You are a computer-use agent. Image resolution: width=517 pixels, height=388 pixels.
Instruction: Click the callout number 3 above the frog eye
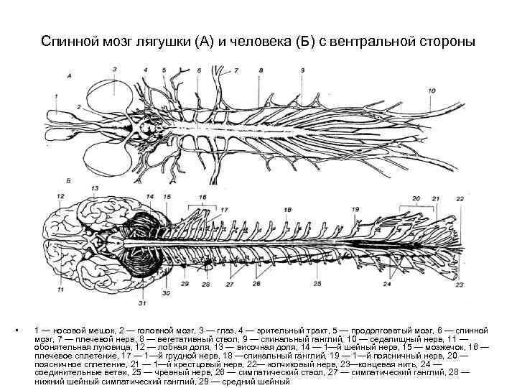tap(114, 68)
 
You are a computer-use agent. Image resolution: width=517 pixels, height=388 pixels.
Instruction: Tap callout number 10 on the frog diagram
tap(431, 91)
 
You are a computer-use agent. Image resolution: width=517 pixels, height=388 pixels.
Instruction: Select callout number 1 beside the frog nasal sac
tap(56, 96)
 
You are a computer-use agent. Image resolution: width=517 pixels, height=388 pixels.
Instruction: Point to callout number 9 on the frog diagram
tap(302, 70)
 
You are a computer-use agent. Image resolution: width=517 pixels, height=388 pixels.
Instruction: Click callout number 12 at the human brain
tap(60, 195)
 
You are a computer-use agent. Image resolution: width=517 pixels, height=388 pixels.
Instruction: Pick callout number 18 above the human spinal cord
tap(287, 209)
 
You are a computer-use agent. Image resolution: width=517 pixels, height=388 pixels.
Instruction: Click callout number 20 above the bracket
tap(416, 198)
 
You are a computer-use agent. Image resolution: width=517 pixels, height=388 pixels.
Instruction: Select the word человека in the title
tap(266, 41)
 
